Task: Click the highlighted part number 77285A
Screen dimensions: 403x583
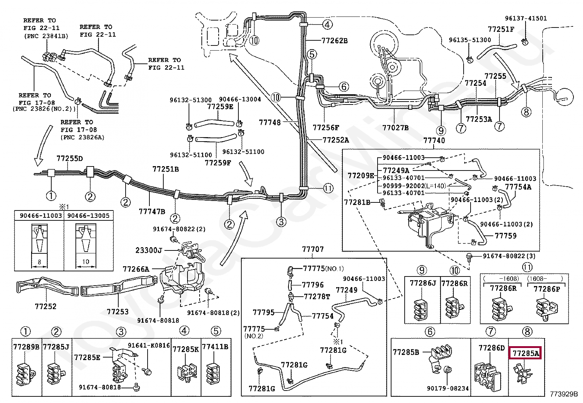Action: tap(526, 353)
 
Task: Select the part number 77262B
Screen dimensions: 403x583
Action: tap(335, 41)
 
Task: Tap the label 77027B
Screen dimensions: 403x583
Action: tap(395, 128)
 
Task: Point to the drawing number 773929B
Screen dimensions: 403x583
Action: tap(564, 395)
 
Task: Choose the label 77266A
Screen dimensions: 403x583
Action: tap(136, 270)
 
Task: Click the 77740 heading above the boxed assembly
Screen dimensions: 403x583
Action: tap(434, 140)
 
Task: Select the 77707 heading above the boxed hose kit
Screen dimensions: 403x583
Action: tap(313, 249)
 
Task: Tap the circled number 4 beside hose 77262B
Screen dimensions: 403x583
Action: tap(327, 25)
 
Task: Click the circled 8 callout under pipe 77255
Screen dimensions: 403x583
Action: tap(526, 111)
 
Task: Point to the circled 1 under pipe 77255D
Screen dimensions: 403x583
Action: tap(51, 195)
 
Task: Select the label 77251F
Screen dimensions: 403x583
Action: tap(501, 29)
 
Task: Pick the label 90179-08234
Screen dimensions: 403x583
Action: tap(448, 388)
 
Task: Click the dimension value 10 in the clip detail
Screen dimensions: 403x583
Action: tap(86, 261)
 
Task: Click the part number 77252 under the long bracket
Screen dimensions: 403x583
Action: tap(46, 306)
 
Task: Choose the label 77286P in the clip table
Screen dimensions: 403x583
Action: tap(546, 289)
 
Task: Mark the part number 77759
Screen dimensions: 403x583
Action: tap(506, 235)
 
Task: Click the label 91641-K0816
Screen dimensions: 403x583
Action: tap(149, 345)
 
